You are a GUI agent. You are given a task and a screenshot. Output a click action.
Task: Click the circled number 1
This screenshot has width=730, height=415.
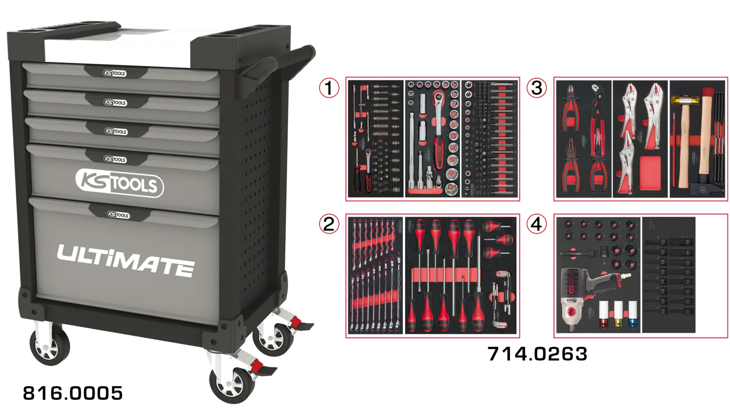(329, 88)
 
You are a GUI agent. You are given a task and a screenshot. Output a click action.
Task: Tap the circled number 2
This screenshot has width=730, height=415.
(329, 224)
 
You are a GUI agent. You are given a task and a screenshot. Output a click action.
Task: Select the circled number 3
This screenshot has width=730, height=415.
(536, 88)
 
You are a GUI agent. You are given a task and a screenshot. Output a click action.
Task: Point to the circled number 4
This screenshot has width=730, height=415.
(536, 224)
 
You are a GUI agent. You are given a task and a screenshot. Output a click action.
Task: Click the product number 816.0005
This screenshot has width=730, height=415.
(73, 393)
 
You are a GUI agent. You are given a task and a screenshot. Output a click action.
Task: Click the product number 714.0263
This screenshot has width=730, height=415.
(537, 354)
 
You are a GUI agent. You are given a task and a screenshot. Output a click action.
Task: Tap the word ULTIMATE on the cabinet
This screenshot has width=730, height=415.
(126, 260)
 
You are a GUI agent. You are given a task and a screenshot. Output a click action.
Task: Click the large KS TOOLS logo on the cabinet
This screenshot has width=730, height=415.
(120, 183)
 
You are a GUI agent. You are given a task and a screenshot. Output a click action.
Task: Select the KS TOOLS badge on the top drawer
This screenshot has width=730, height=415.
(115, 73)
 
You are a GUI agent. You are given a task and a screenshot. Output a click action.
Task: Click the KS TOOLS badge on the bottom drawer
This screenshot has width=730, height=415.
(118, 215)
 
